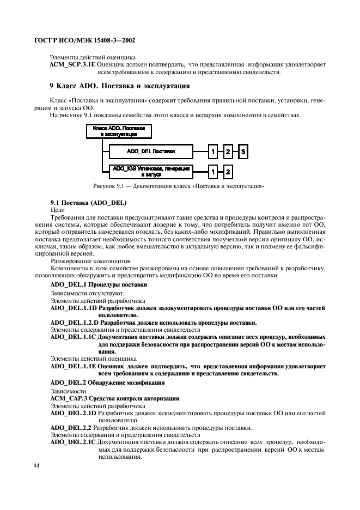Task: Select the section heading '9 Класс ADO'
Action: [x=119, y=86]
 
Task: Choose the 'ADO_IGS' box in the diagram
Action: [x=150, y=172]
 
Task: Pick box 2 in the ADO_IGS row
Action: [x=228, y=172]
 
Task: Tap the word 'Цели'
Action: [x=57, y=209]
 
